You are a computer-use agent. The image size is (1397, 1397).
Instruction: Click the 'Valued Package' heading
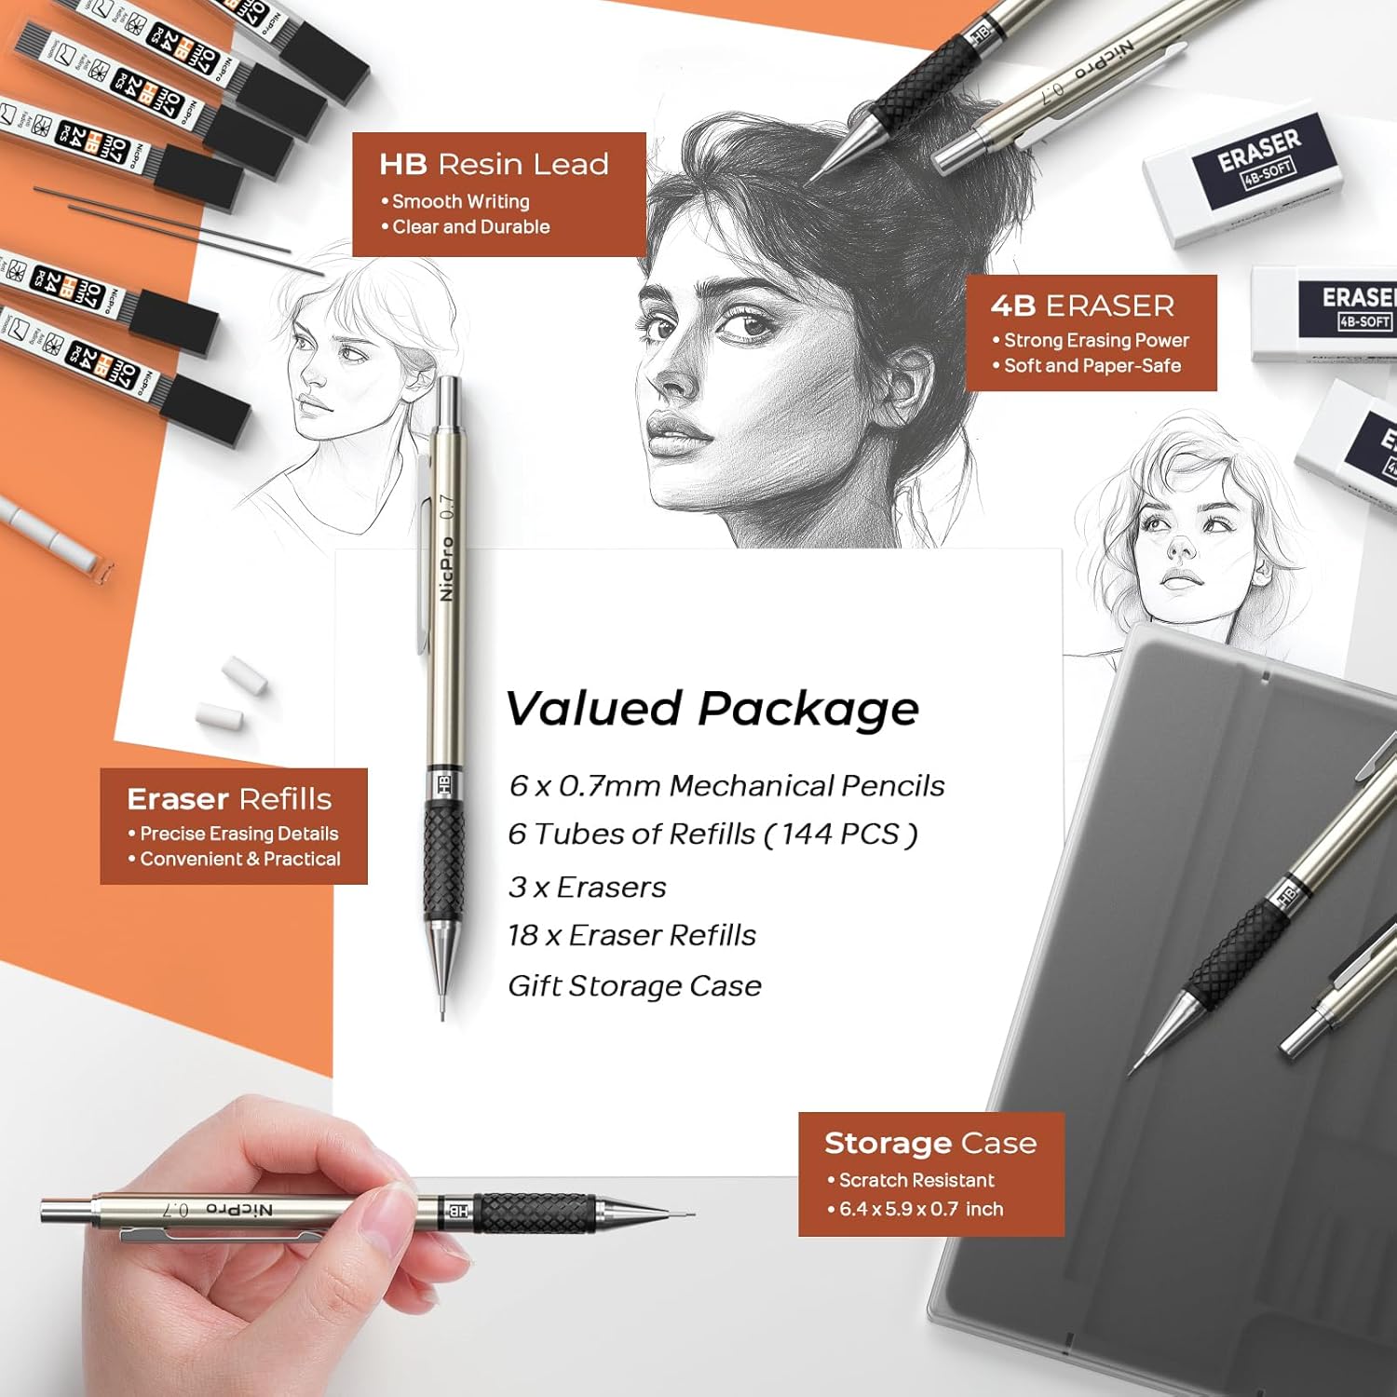(712, 709)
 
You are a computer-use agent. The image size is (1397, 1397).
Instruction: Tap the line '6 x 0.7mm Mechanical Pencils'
(726, 786)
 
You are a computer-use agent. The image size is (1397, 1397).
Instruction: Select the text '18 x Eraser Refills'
(631, 935)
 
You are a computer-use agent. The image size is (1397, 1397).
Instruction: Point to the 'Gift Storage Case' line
(634, 985)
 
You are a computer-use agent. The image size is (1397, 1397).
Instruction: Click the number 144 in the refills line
(807, 834)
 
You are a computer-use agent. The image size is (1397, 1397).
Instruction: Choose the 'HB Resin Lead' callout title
(494, 165)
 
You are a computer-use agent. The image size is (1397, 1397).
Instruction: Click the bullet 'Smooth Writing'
(460, 201)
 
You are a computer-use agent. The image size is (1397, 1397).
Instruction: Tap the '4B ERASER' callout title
(1082, 305)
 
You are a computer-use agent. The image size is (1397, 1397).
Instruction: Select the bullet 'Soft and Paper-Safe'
(1092, 366)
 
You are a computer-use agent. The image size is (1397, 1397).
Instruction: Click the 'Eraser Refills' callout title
(229, 799)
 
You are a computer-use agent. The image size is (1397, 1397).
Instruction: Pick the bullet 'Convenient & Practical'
(239, 859)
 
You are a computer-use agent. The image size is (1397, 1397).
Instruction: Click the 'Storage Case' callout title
(929, 1143)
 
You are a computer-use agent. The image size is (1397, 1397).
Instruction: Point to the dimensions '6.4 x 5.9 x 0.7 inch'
(920, 1209)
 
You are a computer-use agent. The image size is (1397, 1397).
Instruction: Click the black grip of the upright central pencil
(444, 861)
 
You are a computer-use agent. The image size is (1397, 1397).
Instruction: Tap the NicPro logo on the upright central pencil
(447, 568)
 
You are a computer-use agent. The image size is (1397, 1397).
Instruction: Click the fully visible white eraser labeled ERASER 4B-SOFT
(1243, 177)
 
